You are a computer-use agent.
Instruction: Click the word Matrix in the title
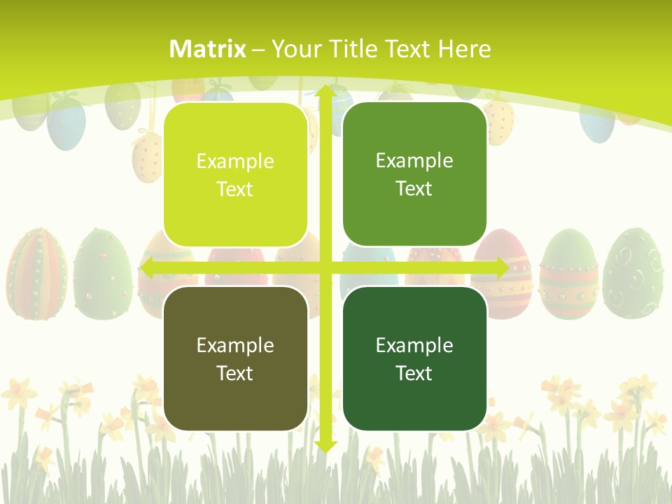pos(208,49)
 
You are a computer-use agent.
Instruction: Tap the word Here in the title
pos(464,49)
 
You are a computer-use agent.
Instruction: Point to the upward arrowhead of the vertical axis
pos(325,90)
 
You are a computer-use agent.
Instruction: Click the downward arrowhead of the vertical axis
pos(325,446)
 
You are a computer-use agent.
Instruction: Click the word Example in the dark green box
pos(414,345)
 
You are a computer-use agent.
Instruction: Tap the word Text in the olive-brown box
pos(235,373)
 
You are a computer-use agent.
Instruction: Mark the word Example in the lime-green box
pos(235,162)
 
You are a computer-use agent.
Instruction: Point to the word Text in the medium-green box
pos(414,188)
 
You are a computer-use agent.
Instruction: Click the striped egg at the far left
pos(36,273)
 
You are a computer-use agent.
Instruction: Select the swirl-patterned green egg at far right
pos(633,273)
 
